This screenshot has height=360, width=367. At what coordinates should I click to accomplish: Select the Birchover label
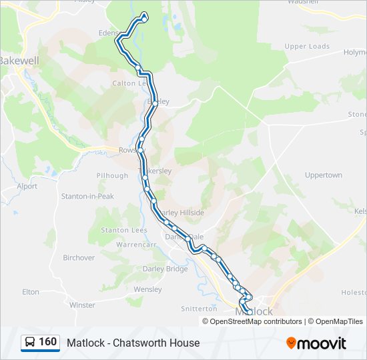79,257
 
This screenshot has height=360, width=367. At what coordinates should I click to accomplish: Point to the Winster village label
82,305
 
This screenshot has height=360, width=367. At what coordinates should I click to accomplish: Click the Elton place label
31,292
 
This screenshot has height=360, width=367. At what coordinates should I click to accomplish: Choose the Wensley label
147,289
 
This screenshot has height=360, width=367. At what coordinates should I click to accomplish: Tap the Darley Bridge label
165,269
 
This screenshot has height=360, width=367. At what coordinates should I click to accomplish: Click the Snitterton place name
199,309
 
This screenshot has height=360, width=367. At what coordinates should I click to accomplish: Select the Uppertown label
323,175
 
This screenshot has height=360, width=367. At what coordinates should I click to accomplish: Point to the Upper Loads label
307,47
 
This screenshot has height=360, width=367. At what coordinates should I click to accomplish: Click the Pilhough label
112,175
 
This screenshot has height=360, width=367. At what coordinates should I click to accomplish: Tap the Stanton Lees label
123,230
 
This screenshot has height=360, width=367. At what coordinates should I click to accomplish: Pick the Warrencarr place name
135,245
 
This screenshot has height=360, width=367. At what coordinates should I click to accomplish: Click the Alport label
27,187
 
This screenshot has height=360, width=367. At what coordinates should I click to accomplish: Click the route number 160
47,342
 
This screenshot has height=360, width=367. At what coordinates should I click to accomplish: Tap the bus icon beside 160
30,343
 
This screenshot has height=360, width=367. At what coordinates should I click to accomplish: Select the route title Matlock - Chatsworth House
133,343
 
